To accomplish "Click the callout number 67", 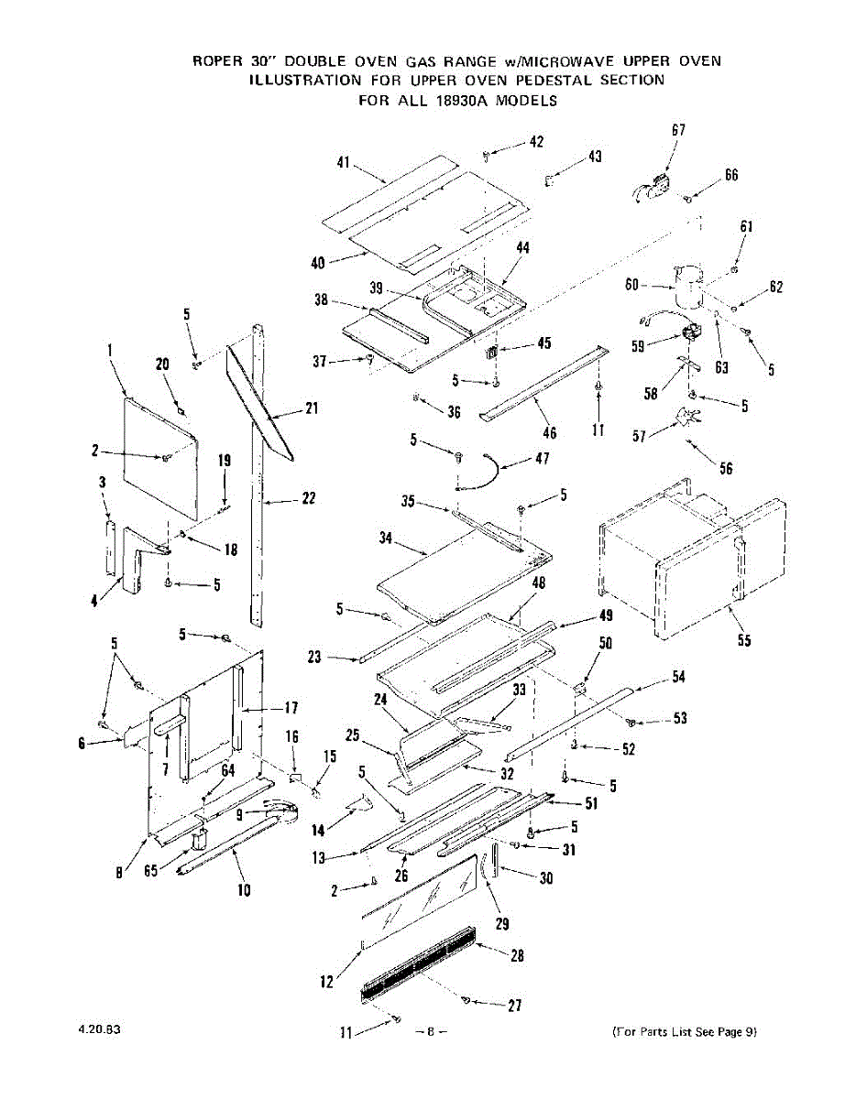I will [x=678, y=130].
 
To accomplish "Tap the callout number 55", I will [x=743, y=640].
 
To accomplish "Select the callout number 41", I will [x=344, y=163].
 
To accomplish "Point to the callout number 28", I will [x=517, y=955].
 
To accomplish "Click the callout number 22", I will [x=309, y=498].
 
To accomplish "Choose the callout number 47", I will [x=542, y=458].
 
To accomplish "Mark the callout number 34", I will [x=386, y=539].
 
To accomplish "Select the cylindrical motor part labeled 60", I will [x=687, y=286].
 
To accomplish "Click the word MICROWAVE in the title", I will [x=566, y=61].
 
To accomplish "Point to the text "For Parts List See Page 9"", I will [x=684, y=1032].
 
